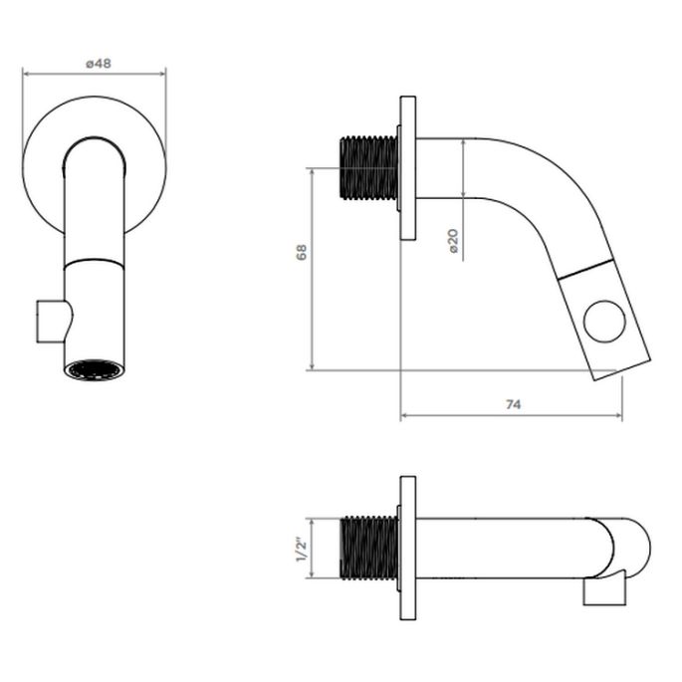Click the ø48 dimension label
pos(99,64)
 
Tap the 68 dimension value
pos(302,252)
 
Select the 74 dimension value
pos(513,405)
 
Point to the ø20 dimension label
pos(453,241)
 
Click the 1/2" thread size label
pos(302,550)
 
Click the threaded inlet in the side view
pos(368,168)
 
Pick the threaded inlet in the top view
pos(368,548)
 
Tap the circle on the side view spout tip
pos(604,322)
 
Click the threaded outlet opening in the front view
pos(93,370)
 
